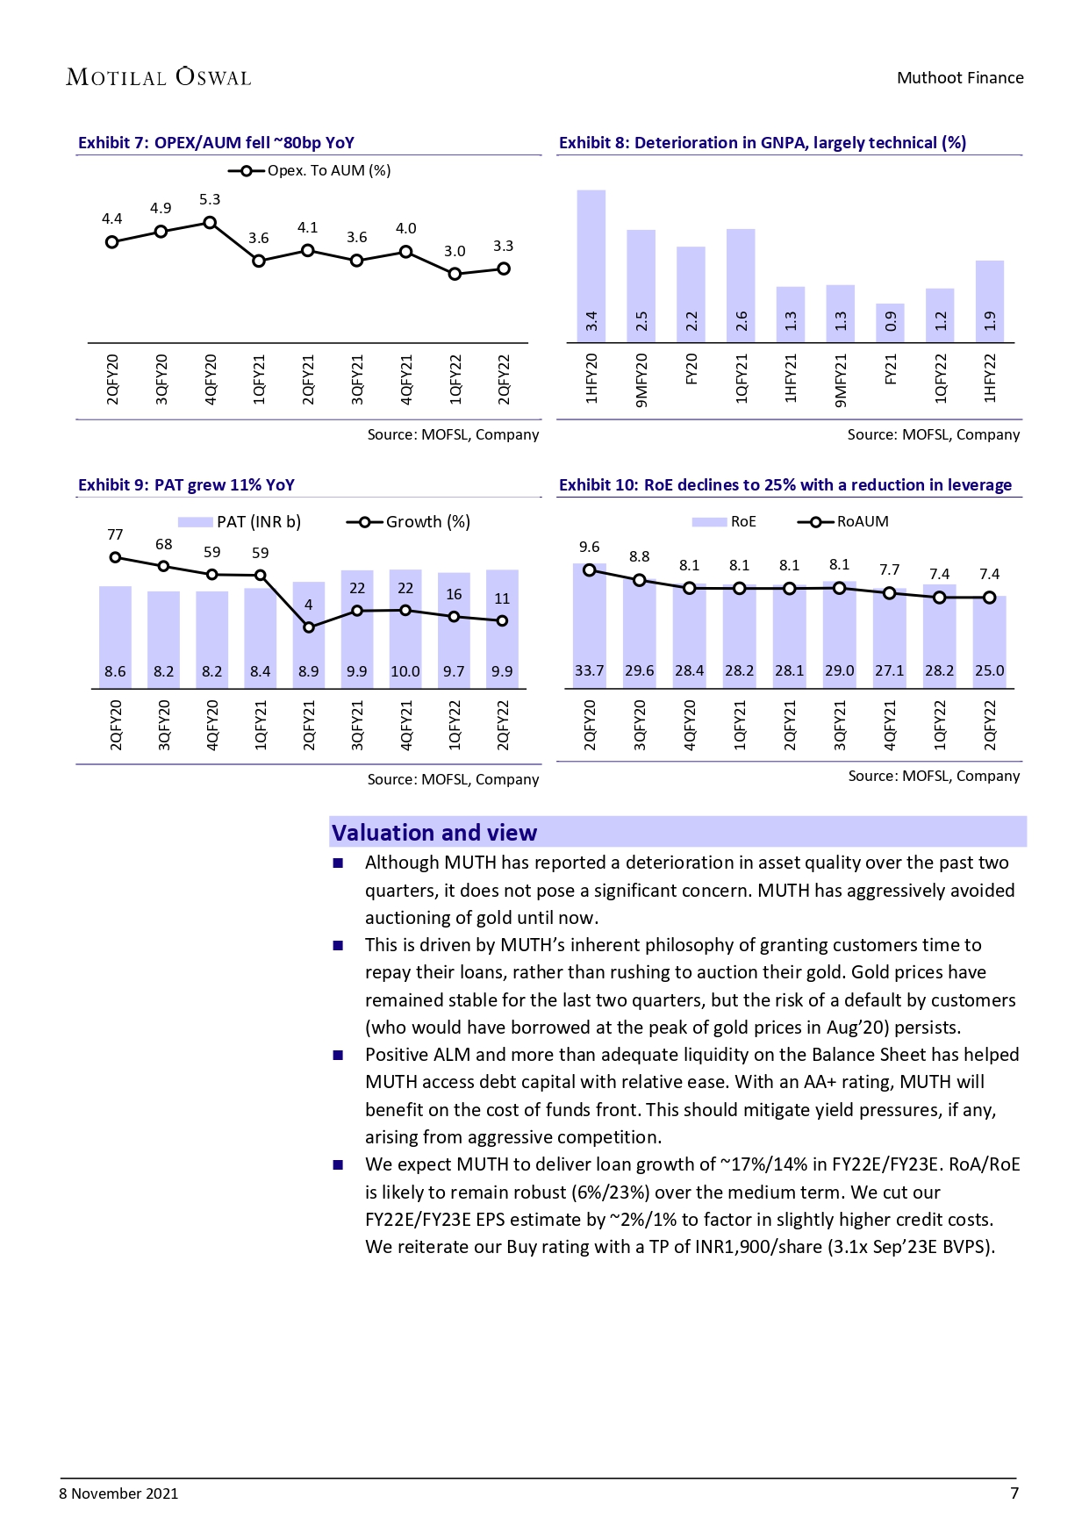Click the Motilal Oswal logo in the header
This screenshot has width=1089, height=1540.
[x=159, y=77]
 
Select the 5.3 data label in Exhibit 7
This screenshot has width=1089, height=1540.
[x=210, y=200]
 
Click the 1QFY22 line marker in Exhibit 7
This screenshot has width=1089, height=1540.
[x=455, y=274]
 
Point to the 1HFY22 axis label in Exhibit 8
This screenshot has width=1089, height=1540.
[x=990, y=378]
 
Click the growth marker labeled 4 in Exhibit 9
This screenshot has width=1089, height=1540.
[x=309, y=627]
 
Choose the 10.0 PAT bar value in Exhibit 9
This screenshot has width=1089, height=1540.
[x=405, y=671]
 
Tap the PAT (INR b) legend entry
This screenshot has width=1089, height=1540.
[x=240, y=522]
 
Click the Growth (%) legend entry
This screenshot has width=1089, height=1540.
[x=409, y=522]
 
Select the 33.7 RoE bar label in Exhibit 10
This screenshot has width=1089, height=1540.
[x=589, y=670]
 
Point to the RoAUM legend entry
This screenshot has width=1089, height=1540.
[x=843, y=521]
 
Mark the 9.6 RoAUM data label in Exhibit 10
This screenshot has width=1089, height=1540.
[x=589, y=547]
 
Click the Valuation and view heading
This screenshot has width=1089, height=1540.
[x=434, y=833]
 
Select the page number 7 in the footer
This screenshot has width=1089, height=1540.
[x=1014, y=1493]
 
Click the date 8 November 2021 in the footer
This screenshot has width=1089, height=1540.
[x=118, y=1493]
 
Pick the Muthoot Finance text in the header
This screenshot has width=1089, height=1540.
[x=960, y=78]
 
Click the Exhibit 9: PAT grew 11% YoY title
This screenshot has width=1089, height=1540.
[x=186, y=485]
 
